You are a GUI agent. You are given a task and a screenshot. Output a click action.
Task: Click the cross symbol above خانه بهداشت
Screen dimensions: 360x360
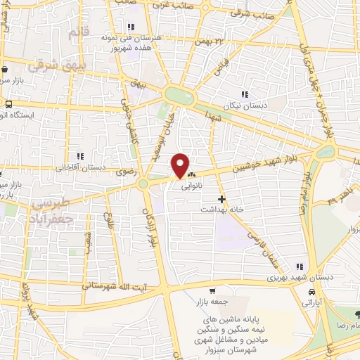(x=221, y=199)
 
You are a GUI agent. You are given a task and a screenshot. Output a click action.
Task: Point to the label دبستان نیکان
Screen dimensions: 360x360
(x=244, y=105)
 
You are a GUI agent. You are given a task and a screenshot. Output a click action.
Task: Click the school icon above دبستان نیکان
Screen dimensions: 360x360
(x=245, y=94)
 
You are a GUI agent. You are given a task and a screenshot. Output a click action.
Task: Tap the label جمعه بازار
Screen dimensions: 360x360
(x=212, y=302)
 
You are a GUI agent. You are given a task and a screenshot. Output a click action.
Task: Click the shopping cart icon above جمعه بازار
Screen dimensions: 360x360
(x=212, y=291)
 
